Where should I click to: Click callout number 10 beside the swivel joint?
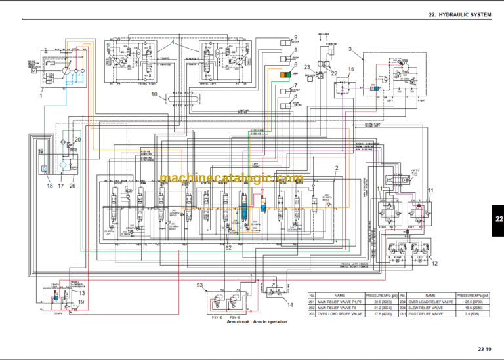[x=154, y=95]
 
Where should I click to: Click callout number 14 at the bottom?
[x=291, y=304]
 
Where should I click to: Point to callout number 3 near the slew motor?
[x=350, y=49]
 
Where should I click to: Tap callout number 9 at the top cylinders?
[x=295, y=37]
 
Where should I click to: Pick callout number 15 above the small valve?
[x=352, y=70]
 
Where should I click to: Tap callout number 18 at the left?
[x=49, y=186]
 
